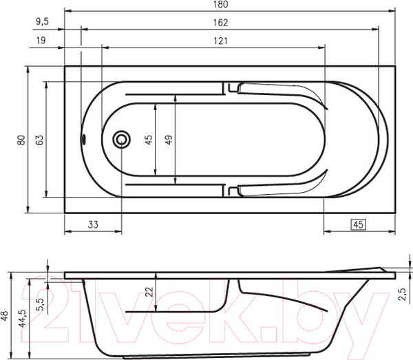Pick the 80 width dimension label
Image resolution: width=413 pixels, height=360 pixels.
click(21, 140)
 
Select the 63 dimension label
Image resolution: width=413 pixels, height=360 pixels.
click(40, 140)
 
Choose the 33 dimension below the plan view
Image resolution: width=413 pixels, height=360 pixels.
click(92, 224)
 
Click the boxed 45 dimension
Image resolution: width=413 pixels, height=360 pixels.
click(358, 224)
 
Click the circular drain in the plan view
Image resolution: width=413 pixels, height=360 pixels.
click(122, 140)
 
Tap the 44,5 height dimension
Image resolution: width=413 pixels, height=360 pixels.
click(22, 318)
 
